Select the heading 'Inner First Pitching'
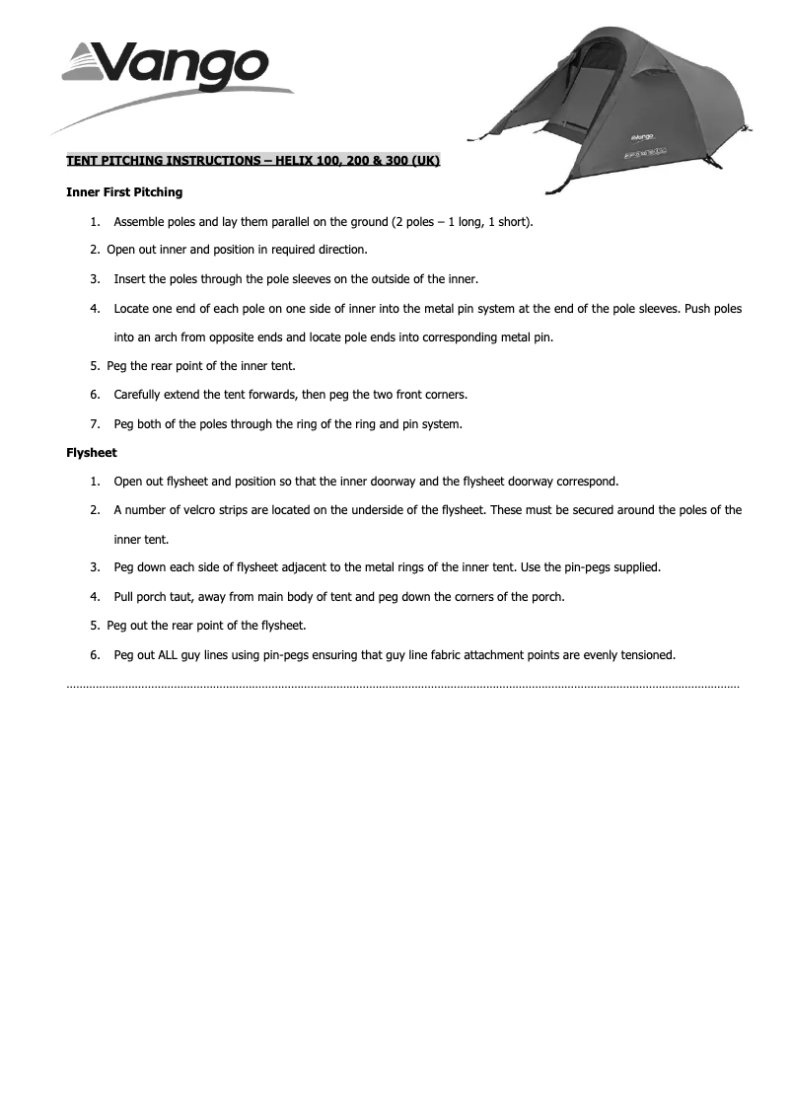[124, 192]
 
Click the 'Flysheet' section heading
[92, 453]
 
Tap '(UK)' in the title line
[427, 160]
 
